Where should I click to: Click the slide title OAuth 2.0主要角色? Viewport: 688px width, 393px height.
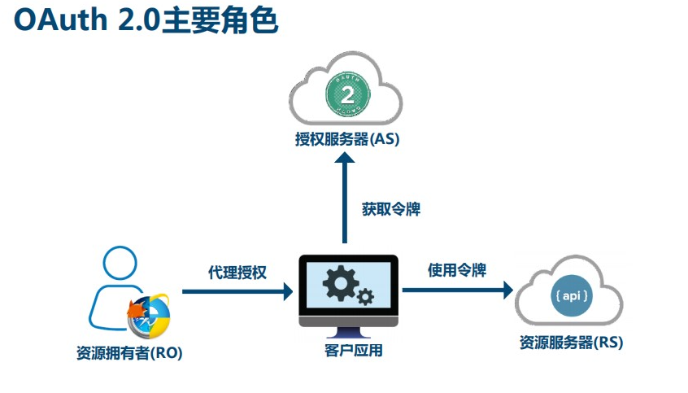[146, 22]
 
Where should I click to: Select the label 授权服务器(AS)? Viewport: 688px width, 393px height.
[347, 139]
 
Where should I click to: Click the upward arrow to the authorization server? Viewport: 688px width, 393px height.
[346, 195]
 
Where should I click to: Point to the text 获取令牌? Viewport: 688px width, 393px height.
[390, 208]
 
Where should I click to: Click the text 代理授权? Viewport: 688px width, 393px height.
[237, 272]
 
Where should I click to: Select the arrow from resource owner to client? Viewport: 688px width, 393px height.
[237, 290]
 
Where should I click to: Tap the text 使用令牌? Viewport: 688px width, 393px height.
[457, 270]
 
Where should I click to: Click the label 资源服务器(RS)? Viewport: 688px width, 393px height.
[571, 343]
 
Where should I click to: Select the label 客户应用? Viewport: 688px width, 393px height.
[347, 351]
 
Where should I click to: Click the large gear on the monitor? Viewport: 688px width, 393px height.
[337, 282]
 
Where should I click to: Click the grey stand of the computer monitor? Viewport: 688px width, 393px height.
[347, 332]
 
